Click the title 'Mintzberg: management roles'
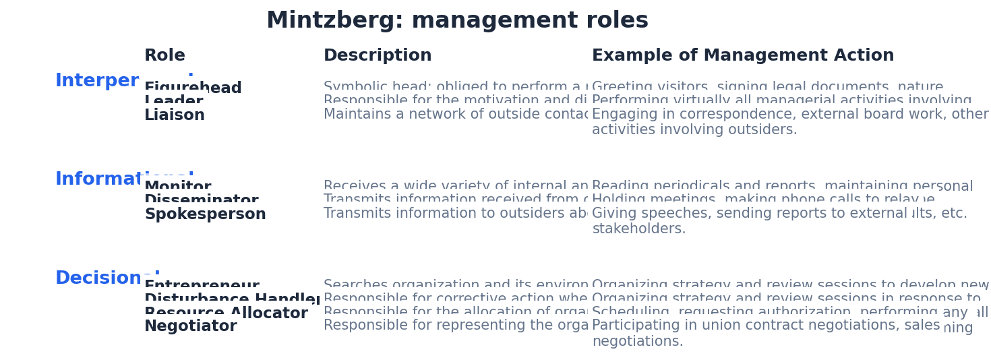point(457,21)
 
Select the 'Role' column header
point(164,56)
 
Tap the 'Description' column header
point(378,56)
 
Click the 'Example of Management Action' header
point(743,56)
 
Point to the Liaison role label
point(175,115)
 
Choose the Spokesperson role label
point(205,214)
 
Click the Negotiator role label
point(190,326)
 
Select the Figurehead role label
point(193,87)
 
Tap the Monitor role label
point(177,185)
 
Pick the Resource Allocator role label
point(226,312)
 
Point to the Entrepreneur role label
point(202,285)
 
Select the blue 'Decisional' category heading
point(107,277)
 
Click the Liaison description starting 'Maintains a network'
point(455,115)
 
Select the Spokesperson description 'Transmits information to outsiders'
point(455,214)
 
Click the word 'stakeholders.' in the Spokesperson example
point(638,229)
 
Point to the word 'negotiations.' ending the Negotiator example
point(637,342)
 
